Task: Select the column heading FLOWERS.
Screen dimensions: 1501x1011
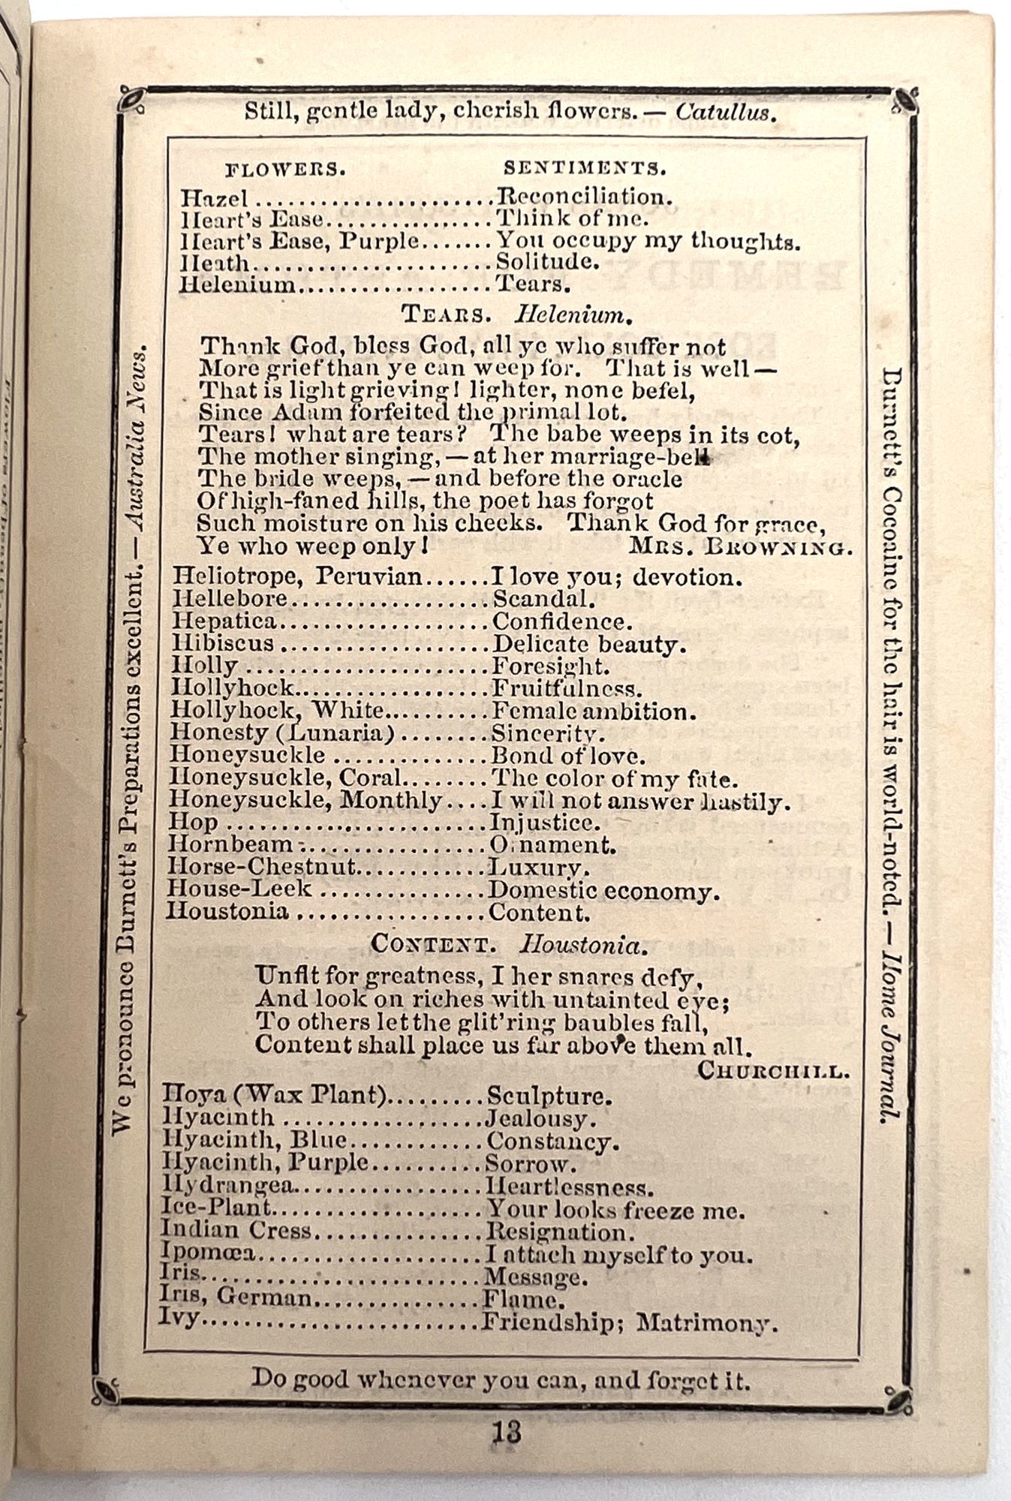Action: point(285,169)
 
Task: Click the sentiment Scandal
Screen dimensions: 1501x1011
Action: point(543,599)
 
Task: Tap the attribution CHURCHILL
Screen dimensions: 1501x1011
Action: point(773,1071)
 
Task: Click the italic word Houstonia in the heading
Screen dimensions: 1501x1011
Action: point(582,945)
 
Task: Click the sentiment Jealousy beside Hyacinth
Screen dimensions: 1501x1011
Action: point(540,1119)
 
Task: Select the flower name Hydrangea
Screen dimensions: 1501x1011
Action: point(229,1187)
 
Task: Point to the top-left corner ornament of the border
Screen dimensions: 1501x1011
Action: point(131,100)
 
